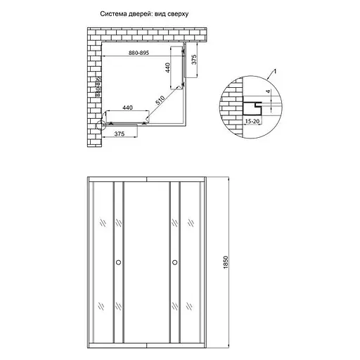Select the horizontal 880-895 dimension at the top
[x=143, y=53]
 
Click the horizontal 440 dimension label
[x=127, y=108]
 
